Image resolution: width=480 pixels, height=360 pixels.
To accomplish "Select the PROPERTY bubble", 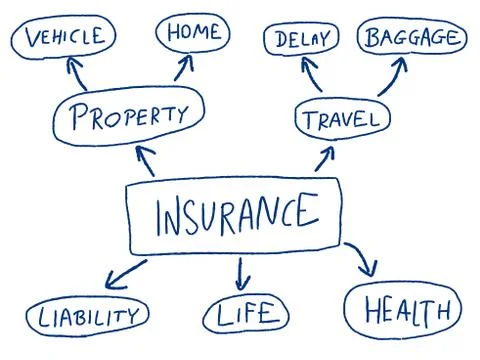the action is (x=130, y=116).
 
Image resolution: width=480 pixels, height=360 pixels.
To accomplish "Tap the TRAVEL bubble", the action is (x=341, y=120).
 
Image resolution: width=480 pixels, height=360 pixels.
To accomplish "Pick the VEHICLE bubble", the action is (x=64, y=38).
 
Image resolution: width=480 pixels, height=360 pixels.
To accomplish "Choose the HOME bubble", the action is (x=193, y=33).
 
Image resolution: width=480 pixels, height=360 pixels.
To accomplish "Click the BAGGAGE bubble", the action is (x=412, y=38).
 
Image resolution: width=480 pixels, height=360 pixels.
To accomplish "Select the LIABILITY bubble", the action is (x=88, y=318).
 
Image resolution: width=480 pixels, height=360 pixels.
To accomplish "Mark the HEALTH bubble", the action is (x=403, y=310).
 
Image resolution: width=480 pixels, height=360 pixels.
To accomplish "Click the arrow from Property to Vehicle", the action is (x=77, y=74).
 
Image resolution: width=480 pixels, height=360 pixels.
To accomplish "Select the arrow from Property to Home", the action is (x=183, y=70).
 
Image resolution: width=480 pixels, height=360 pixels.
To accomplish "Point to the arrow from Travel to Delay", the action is (x=313, y=76).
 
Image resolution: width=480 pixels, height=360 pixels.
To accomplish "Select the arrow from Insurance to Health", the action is (x=363, y=261).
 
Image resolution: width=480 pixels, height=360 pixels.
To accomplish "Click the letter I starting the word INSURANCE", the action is (x=160, y=214).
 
